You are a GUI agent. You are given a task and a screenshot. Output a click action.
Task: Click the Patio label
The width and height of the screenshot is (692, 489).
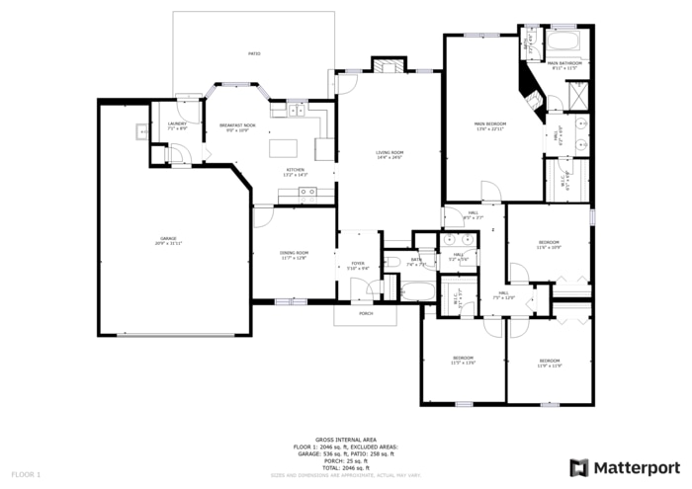point(254,53)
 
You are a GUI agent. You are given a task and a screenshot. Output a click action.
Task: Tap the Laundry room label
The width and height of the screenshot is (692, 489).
point(177,124)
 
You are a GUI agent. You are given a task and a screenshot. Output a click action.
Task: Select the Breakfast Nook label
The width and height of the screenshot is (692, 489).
point(237,126)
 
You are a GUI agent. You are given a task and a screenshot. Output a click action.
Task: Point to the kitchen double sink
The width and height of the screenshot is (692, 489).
point(296,111)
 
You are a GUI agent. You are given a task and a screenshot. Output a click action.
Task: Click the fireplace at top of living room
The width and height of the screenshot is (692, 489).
point(387,65)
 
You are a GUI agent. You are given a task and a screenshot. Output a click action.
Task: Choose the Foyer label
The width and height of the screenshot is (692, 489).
point(357,265)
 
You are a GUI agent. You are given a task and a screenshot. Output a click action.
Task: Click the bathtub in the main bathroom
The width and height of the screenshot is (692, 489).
point(566,42)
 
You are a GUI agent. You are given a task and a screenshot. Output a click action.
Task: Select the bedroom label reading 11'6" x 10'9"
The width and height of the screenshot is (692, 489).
point(549,244)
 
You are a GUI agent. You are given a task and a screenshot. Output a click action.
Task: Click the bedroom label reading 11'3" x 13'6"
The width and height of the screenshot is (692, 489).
point(464,360)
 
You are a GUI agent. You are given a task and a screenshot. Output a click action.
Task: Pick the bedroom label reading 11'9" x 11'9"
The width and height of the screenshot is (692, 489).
point(550,363)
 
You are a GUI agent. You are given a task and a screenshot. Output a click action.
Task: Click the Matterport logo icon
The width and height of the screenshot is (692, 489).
point(578,466)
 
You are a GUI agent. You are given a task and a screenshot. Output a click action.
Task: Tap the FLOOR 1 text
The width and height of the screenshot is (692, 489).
point(26,474)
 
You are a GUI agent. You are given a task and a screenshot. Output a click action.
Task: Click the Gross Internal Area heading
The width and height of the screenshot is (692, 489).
point(345,439)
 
